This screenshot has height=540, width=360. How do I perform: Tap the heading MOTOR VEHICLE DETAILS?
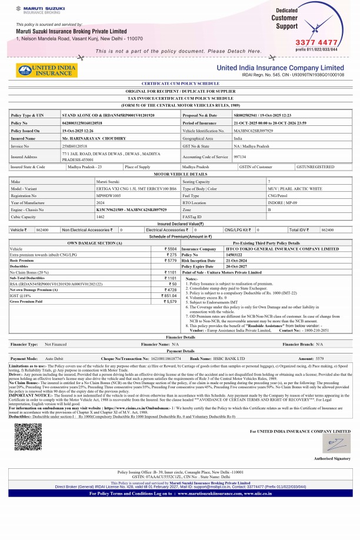click(x=180, y=175)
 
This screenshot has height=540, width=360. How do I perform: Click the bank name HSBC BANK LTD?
click(x=228, y=358)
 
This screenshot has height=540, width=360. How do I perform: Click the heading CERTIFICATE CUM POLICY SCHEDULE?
click(x=180, y=85)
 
